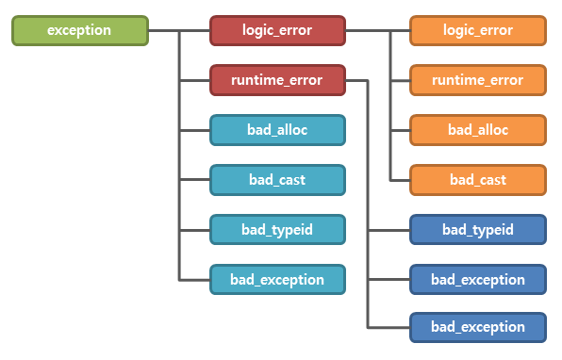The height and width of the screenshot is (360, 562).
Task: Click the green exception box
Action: point(80,30)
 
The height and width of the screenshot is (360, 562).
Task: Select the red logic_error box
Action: point(277,30)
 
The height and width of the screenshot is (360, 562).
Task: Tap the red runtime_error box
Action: point(277,80)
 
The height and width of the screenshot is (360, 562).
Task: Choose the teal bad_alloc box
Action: point(277,129)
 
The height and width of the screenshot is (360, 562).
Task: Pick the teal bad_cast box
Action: point(277,179)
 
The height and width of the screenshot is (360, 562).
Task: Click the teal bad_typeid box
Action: point(277,229)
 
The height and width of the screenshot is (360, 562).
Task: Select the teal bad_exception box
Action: point(277,279)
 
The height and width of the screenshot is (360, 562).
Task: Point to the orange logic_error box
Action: point(478,30)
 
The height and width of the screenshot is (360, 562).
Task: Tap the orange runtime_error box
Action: point(478,80)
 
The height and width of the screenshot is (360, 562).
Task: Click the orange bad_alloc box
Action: point(478,129)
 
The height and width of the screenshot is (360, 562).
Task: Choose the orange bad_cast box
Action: point(478,179)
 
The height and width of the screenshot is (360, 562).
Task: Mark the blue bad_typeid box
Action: point(478,229)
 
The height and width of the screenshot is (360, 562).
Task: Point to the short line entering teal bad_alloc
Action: point(194,130)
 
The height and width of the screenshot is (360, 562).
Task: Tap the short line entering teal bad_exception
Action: point(194,279)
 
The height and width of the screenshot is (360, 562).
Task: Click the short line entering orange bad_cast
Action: point(400,179)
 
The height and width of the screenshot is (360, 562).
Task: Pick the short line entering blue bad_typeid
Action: point(388,229)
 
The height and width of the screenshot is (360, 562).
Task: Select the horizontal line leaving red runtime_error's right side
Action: point(357,80)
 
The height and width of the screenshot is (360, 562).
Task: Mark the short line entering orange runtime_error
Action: point(400,80)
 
